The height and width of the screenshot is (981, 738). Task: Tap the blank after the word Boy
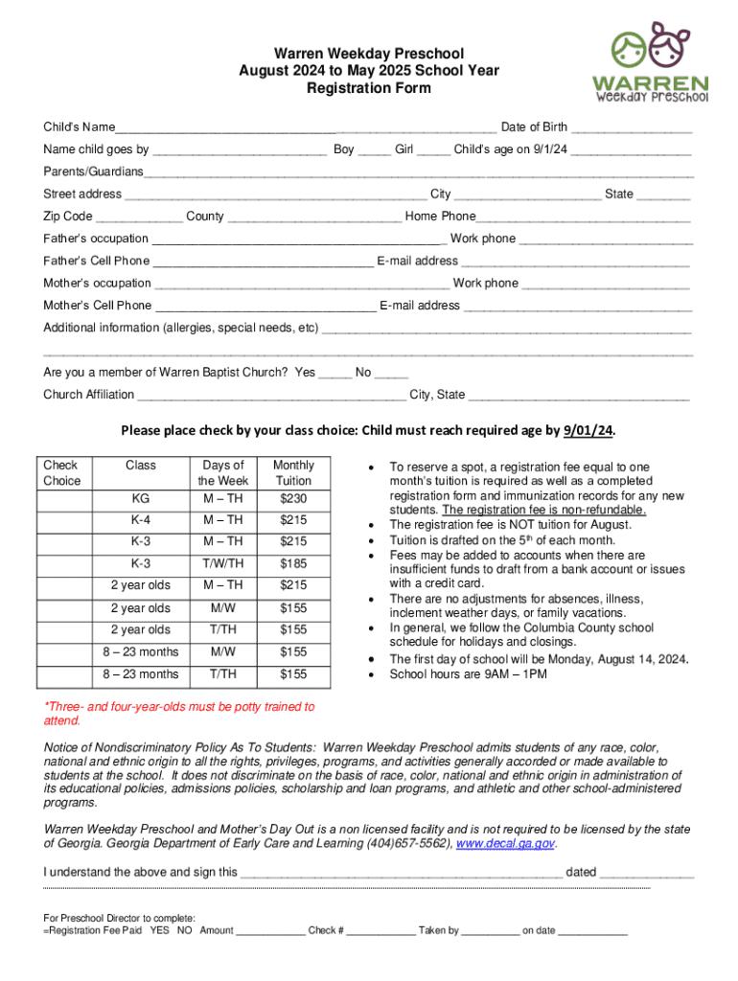coord(374,149)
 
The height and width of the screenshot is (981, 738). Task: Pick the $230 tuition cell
coord(293,498)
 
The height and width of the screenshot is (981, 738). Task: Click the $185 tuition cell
coord(293,563)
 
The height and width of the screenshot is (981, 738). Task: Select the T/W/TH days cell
coord(221,563)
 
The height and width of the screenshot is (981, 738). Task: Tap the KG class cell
coord(140,498)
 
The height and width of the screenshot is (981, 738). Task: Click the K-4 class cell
coord(140,520)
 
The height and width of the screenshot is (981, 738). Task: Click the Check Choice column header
coord(62,472)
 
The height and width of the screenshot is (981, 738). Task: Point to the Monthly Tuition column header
coord(293,472)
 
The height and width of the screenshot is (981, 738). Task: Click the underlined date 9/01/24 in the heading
coord(587,430)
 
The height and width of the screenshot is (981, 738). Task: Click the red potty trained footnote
coord(179,713)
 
